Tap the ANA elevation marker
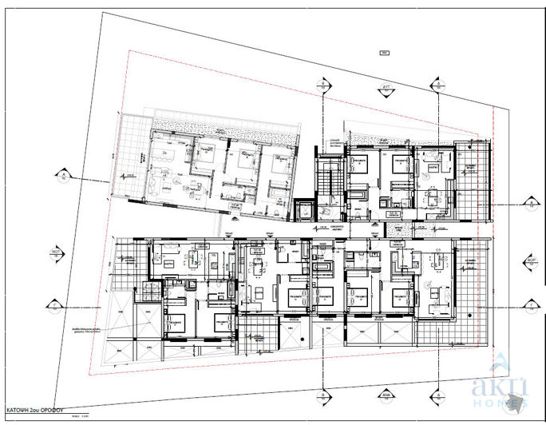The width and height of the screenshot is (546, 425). coord(385,393)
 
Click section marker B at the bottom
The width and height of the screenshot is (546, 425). coord(322,393)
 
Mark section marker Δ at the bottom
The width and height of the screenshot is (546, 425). coord(437,393)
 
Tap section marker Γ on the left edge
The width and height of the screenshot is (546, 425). coord(53,304)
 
